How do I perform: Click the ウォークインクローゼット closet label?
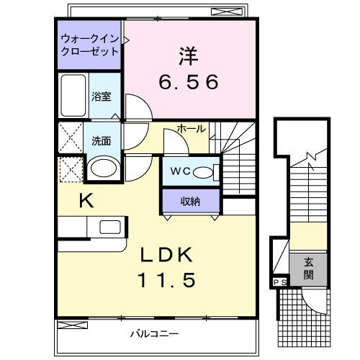pyautogui.click(x=90, y=45)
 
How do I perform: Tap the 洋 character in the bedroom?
pyautogui.click(x=189, y=55)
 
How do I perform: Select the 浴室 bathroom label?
pyautogui.click(x=102, y=96)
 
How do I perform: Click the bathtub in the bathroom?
pyautogui.click(x=73, y=95)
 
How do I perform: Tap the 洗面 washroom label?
pyautogui.click(x=101, y=140)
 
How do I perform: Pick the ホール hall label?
pyautogui.click(x=191, y=129)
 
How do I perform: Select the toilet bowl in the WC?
pyautogui.click(x=207, y=172)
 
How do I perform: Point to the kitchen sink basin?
pyautogui.click(x=110, y=227)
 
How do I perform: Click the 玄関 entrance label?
pyautogui.click(x=308, y=269)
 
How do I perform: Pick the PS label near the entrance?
pyautogui.click(x=279, y=282)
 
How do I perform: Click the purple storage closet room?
pyautogui.click(x=190, y=200)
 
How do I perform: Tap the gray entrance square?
pyautogui.click(x=308, y=269)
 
